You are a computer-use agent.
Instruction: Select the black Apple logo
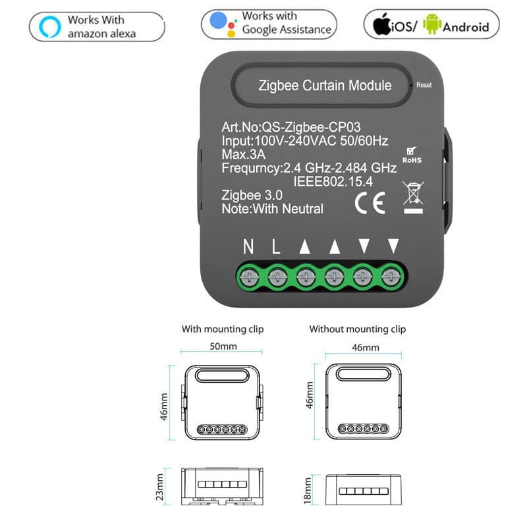click(x=381, y=24)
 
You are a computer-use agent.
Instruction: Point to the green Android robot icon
click(x=432, y=24)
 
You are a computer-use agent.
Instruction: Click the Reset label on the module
click(x=424, y=85)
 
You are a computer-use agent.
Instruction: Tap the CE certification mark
click(x=370, y=203)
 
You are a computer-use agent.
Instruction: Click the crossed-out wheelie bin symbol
click(x=413, y=197)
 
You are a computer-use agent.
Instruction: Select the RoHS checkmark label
click(x=412, y=155)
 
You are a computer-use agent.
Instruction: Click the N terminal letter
click(x=248, y=246)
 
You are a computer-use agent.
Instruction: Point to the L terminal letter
click(x=276, y=246)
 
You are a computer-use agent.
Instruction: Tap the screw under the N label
click(x=249, y=277)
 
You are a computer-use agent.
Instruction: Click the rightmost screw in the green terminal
click(x=391, y=277)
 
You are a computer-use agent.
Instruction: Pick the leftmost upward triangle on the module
click(x=305, y=246)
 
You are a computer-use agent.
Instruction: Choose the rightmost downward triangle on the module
click(x=393, y=246)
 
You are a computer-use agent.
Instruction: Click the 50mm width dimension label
click(x=223, y=347)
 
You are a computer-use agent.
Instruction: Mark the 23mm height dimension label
click(x=159, y=487)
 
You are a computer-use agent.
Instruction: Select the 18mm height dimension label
click(x=307, y=491)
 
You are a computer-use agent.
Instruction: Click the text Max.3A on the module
click(x=243, y=154)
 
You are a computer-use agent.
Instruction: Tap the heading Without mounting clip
click(x=358, y=329)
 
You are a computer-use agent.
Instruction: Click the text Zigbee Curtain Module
click(x=325, y=86)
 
